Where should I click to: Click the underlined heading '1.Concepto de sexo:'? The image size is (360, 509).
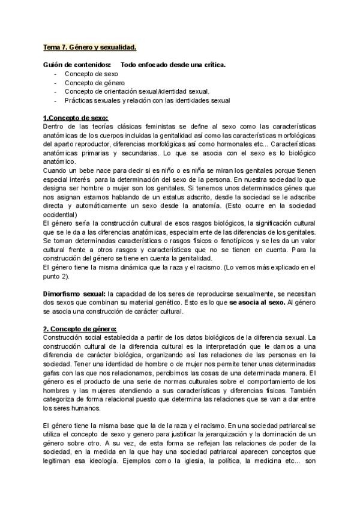[x=76, y=118]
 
